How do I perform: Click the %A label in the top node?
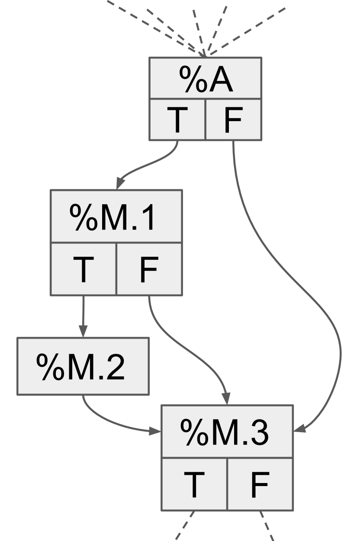click(x=205, y=79)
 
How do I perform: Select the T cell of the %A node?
click(x=177, y=119)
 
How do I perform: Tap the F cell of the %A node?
click(x=233, y=119)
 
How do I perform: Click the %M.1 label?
click(x=116, y=216)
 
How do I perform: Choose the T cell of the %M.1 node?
click(x=84, y=269)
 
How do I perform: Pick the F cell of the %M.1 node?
click(x=149, y=269)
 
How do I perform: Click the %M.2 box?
click(x=83, y=366)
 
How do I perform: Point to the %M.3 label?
click(x=227, y=432)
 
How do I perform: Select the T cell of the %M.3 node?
click(x=194, y=484)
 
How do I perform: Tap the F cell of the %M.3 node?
click(x=260, y=484)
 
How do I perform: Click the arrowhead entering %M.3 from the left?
click(x=156, y=431)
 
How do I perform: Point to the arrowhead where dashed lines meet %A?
click(x=205, y=54)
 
